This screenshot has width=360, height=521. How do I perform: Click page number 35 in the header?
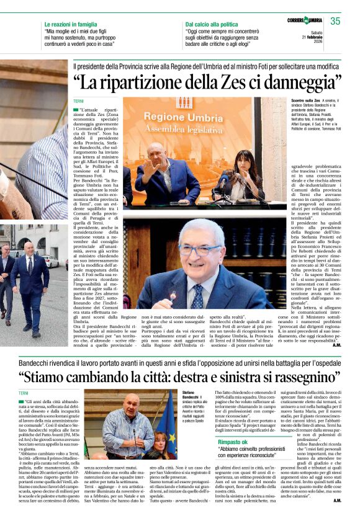pos(335,21)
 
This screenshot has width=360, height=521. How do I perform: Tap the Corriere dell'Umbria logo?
pos(304,21)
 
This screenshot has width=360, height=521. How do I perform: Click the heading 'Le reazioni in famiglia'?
pos(72,24)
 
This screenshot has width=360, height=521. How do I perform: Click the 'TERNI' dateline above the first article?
pos(78,100)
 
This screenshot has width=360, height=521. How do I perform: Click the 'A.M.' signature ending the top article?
pos(336,345)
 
